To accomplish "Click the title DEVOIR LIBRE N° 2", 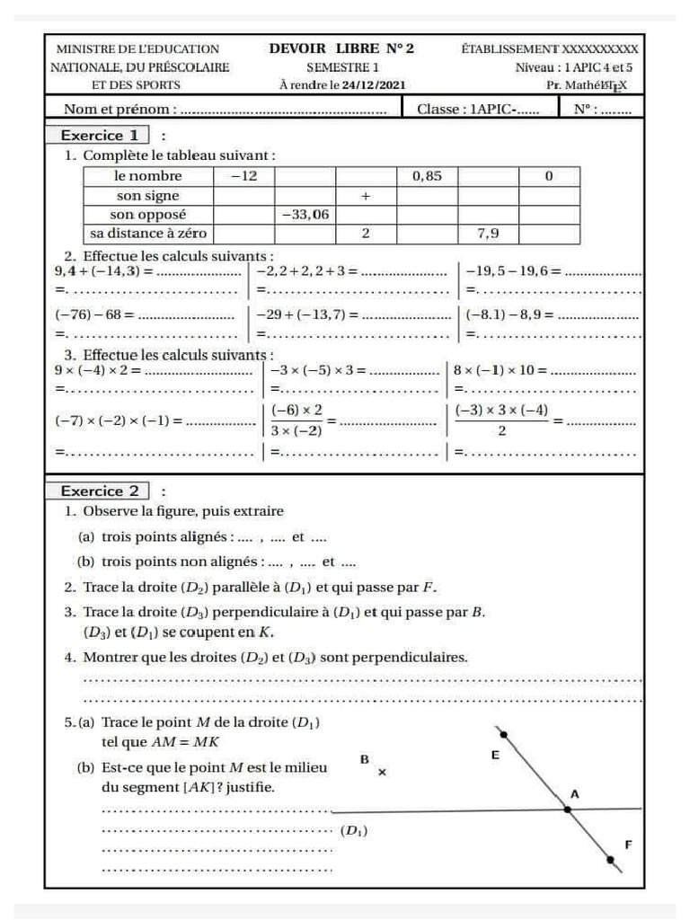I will (x=341, y=49).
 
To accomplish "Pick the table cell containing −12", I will (x=243, y=176).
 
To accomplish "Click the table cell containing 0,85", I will (x=427, y=176).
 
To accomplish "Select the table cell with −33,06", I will (x=305, y=215).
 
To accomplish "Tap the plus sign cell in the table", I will (x=366, y=196).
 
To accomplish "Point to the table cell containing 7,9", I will (x=488, y=234).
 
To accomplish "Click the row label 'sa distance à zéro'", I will (x=147, y=234).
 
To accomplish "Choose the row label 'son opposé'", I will (x=147, y=215).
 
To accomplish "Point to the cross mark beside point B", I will (x=382, y=772).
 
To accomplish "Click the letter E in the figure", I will (x=495, y=756).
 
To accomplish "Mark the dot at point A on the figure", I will (x=567, y=809).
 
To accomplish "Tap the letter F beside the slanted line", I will (x=628, y=845).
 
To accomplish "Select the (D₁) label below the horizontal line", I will (x=353, y=831).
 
